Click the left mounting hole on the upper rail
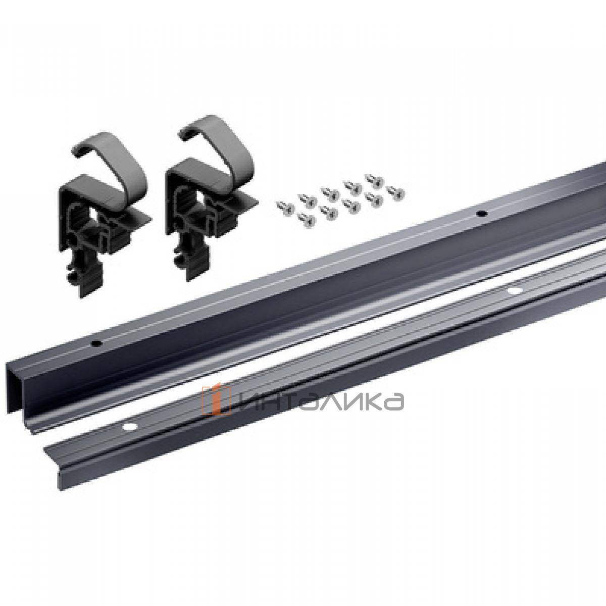tap(94, 342)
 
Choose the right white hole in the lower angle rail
tap(515, 291)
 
